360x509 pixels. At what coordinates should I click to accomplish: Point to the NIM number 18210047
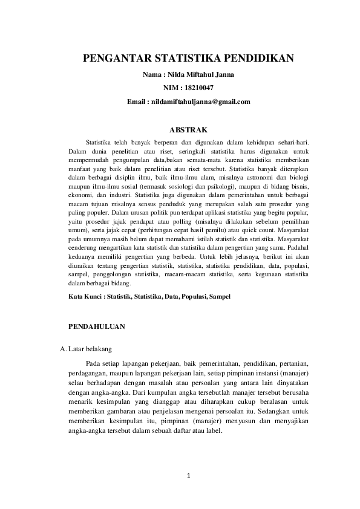point(201,88)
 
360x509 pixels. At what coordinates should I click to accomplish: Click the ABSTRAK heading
point(188,129)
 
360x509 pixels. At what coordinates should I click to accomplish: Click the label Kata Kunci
point(85,297)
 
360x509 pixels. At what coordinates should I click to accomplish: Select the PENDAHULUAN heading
point(97,326)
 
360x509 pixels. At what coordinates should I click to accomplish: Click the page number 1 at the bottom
point(189,476)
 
